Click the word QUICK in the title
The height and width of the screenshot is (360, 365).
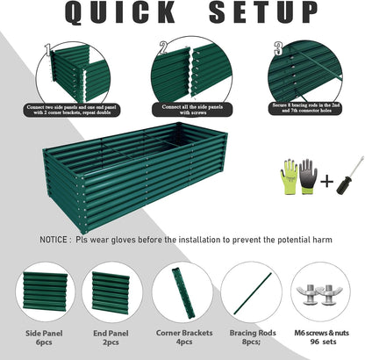coord(111,15)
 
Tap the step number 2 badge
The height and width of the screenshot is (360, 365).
coord(163,48)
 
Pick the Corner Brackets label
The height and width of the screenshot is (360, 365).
coord(182,333)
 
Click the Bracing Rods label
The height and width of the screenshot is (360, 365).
coord(251,333)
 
